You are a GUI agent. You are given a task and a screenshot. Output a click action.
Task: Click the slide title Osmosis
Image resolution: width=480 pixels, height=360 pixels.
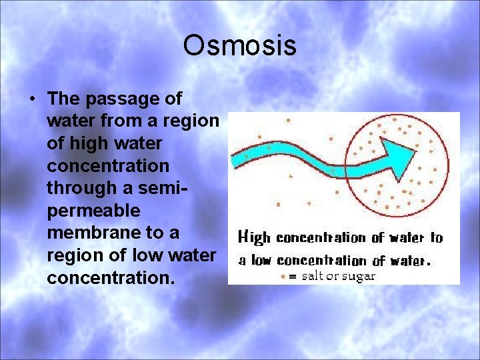240,46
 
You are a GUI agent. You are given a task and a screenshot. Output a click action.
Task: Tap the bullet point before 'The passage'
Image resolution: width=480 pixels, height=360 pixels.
32,99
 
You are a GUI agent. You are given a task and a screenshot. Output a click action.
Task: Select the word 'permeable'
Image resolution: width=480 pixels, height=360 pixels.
93,211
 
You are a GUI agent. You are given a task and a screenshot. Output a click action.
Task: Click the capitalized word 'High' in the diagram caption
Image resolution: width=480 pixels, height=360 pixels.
255,237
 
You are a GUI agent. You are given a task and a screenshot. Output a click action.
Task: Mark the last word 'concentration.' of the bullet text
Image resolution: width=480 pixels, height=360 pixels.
111,278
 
